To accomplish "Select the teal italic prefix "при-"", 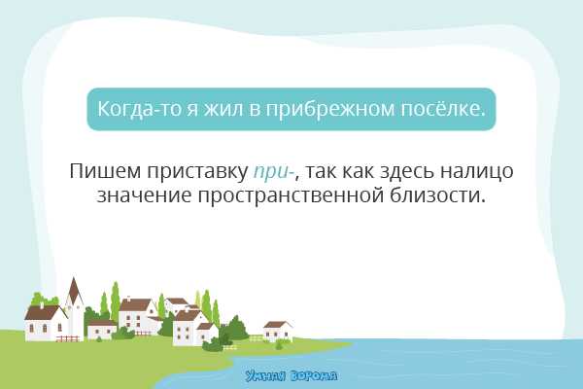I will click(275, 173).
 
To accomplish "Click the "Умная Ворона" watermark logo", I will click(291, 374).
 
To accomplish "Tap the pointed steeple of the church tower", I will click(74, 289).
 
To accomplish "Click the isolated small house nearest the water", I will click(278, 330).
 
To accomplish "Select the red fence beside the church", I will click(67, 338).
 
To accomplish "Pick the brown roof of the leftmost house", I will click(42, 313).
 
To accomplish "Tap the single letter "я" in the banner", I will click(192, 109).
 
